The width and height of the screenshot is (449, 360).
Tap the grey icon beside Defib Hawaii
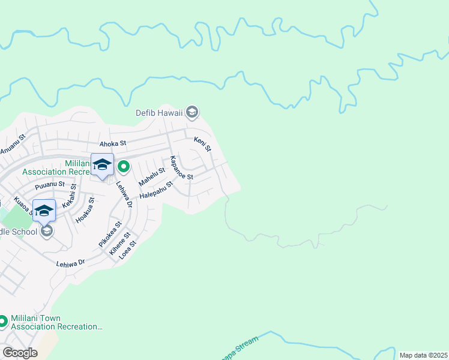click(192, 112)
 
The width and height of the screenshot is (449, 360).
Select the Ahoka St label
click(113, 143)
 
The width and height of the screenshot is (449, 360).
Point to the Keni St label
click(203, 144)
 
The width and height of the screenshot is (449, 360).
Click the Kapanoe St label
click(181, 168)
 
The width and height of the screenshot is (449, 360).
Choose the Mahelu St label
click(151, 176)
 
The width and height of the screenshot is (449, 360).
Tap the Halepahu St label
click(156, 191)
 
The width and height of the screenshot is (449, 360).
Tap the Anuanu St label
click(13, 145)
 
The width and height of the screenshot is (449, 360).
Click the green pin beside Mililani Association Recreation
click(124, 166)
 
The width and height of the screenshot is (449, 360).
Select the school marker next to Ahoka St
click(102, 166)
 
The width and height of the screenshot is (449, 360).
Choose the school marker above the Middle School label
click(44, 211)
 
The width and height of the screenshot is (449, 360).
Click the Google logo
click(20, 353)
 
